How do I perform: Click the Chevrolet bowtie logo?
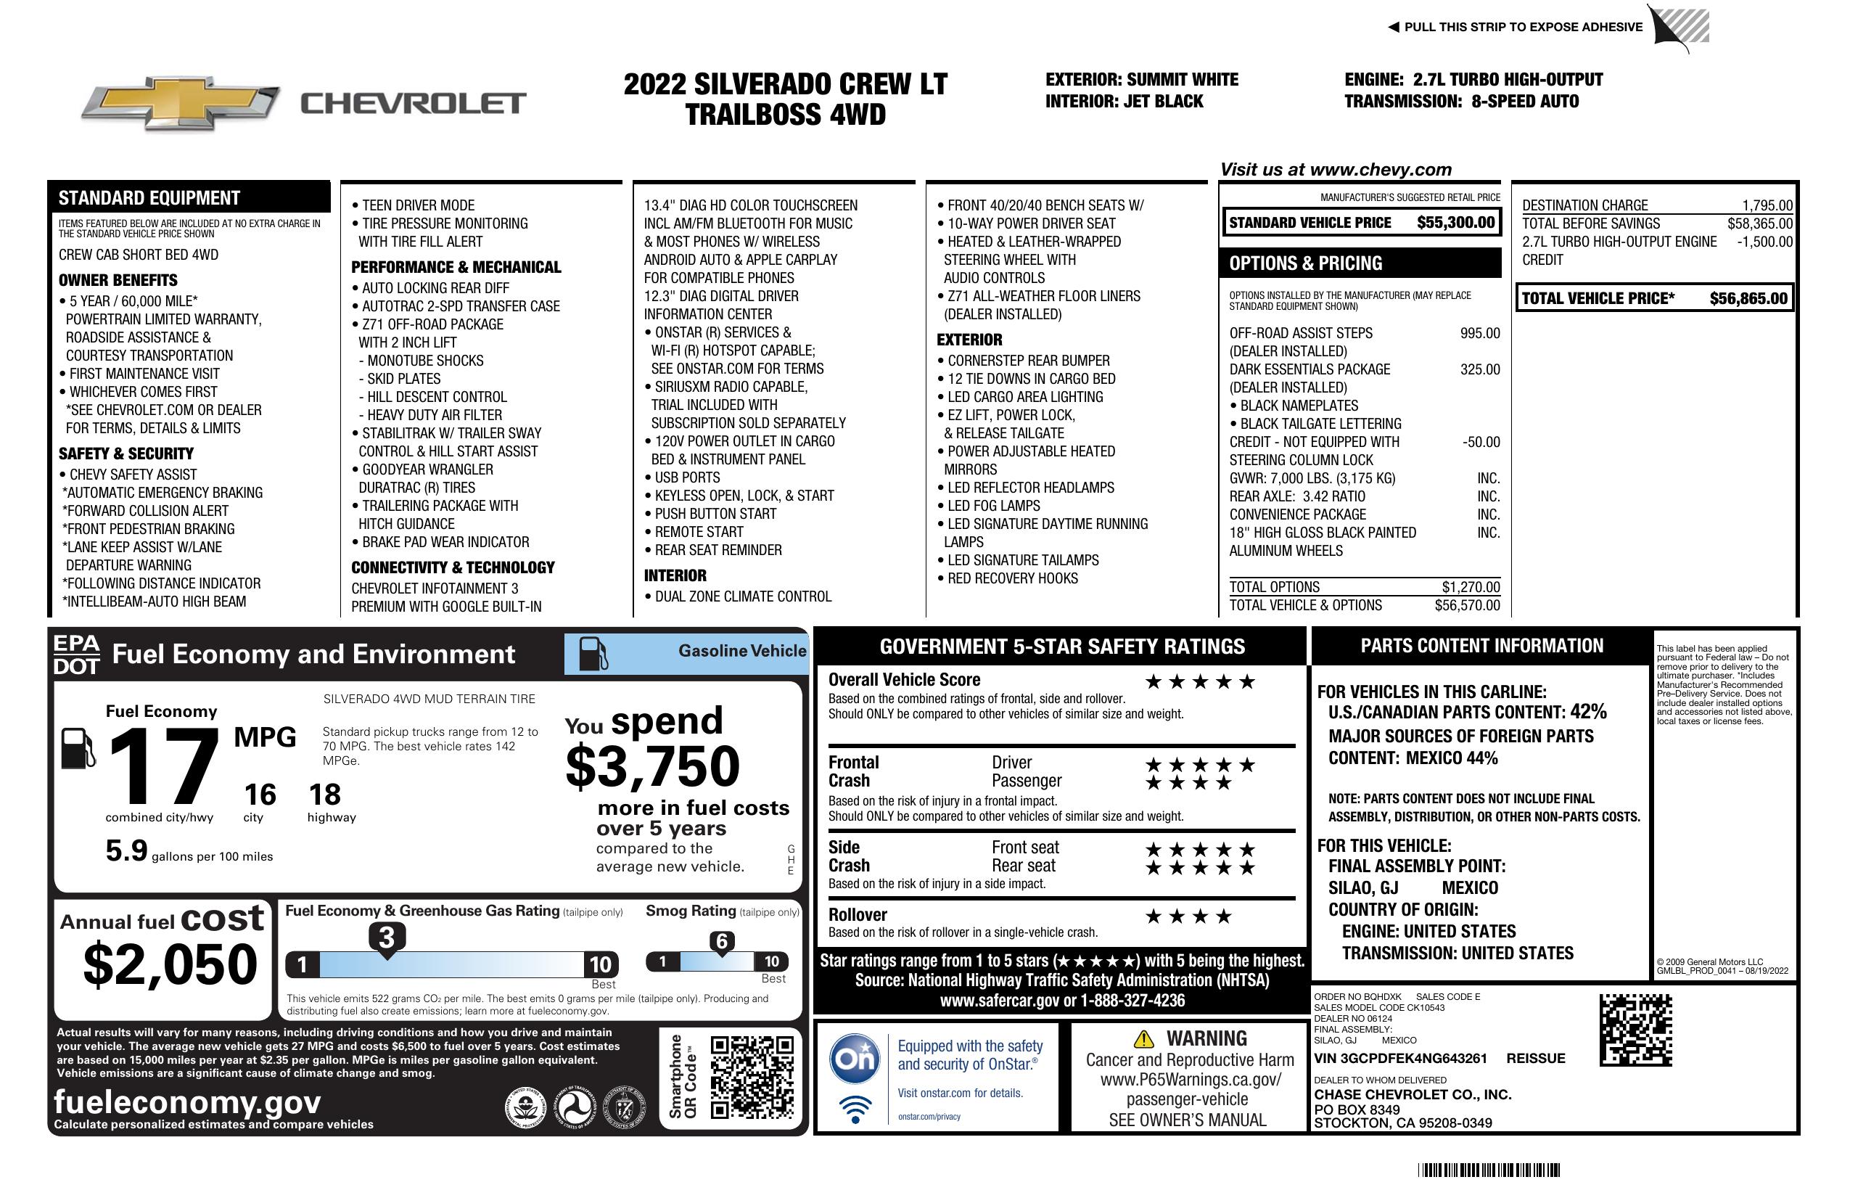tap(181, 102)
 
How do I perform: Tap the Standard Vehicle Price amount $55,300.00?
tap(1455, 222)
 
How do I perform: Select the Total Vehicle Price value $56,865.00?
tap(1748, 298)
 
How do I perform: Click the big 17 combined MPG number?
tap(163, 766)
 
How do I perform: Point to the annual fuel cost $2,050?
tap(170, 964)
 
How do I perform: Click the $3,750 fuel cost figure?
tap(652, 766)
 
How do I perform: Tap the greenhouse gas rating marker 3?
tap(386, 938)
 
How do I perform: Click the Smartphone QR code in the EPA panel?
tap(751, 1077)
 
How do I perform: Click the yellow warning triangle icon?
tap(1143, 1038)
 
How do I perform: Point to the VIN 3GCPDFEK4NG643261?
tap(1400, 1059)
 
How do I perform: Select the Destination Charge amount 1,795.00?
tap(1767, 205)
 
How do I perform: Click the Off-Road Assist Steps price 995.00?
tap(1479, 334)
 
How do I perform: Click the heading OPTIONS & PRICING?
tap(1305, 263)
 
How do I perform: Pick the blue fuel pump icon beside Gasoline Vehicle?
tap(593, 653)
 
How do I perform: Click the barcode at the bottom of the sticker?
tap(1488, 1170)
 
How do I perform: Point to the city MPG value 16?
tap(260, 795)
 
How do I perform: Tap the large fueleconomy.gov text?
tap(187, 1102)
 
